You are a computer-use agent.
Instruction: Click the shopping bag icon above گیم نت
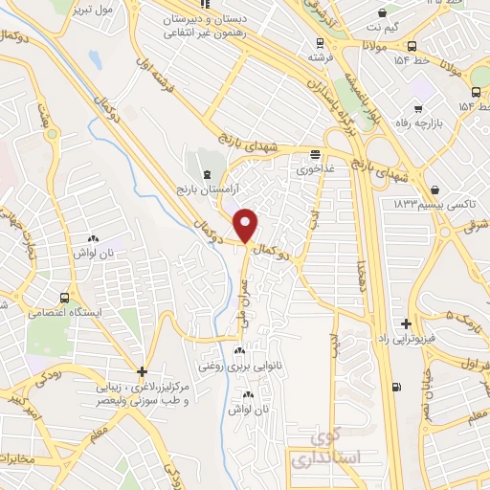point(383,14)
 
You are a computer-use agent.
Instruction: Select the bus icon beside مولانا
point(412,45)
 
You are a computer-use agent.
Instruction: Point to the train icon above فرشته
point(321,43)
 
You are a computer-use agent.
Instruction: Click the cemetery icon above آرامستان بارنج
point(210,172)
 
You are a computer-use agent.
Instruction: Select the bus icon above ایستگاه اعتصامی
point(64,297)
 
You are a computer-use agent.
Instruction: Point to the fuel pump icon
point(395,388)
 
